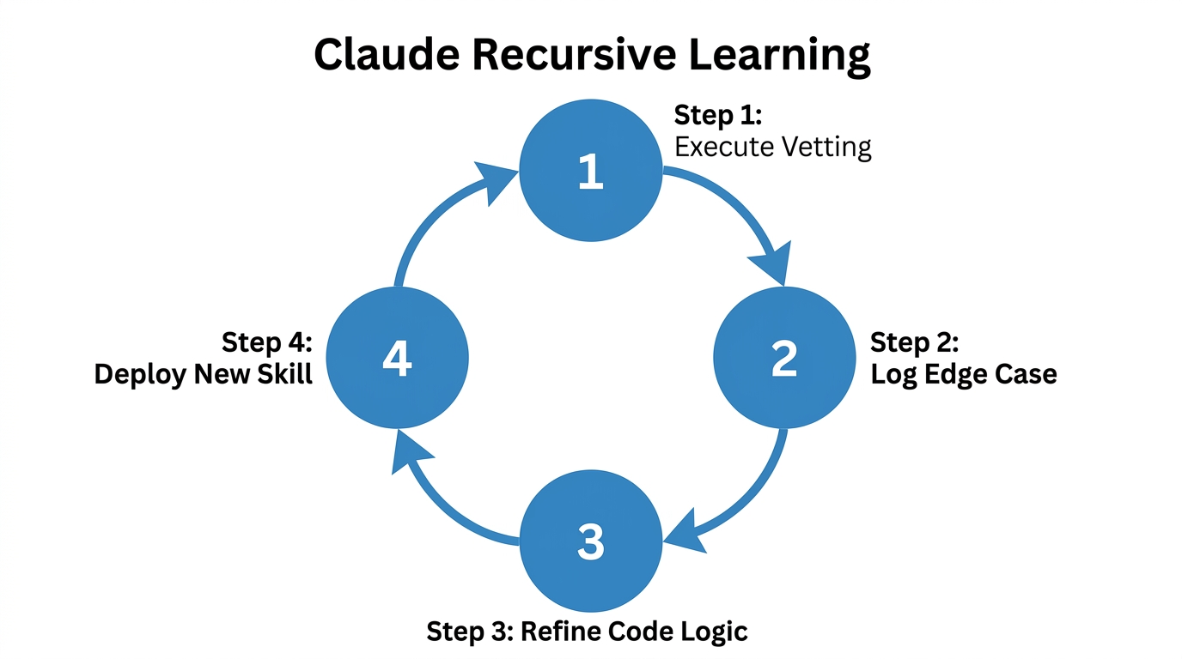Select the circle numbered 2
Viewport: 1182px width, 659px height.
784,359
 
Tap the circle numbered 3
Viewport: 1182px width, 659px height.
591,542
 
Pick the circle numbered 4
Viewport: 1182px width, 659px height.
398,359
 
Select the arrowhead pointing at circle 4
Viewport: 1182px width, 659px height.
407,452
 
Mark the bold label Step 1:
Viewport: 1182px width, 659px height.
718,115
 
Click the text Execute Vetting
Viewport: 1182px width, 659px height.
773,147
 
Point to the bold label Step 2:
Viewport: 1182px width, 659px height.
914,342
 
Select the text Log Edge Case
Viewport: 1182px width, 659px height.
964,375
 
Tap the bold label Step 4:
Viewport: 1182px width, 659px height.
267,342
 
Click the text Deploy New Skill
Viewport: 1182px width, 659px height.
204,375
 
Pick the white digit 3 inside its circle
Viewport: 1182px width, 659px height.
591,542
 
